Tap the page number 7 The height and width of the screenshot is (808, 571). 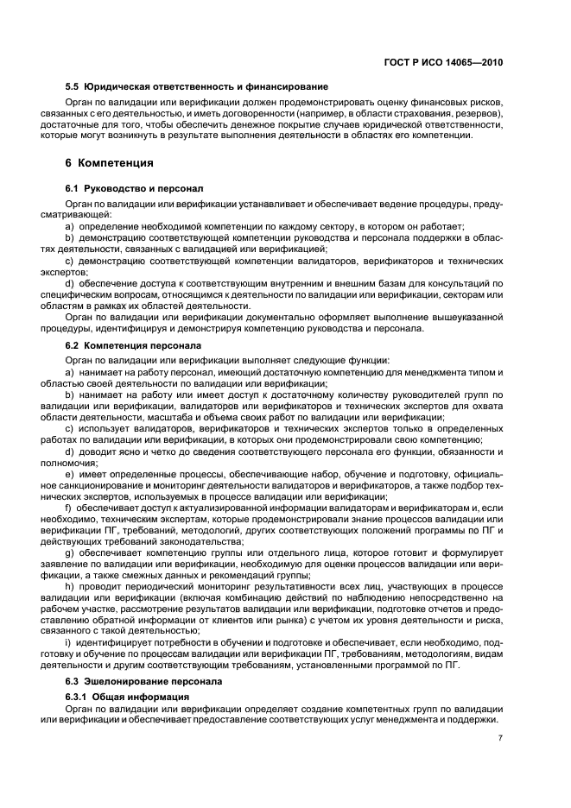[501, 738]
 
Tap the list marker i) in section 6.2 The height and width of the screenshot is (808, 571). [67, 642]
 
